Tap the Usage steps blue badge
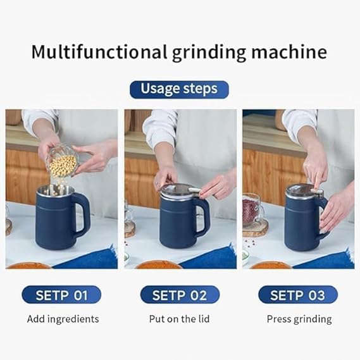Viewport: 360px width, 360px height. (x=179, y=88)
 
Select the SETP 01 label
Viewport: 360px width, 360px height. (x=61, y=295)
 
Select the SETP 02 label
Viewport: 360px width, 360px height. (x=180, y=295)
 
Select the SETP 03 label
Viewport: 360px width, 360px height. (x=298, y=295)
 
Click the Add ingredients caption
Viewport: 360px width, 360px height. (x=63, y=319)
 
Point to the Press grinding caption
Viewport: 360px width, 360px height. (x=299, y=319)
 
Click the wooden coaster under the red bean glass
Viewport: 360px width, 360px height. (x=256, y=229)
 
